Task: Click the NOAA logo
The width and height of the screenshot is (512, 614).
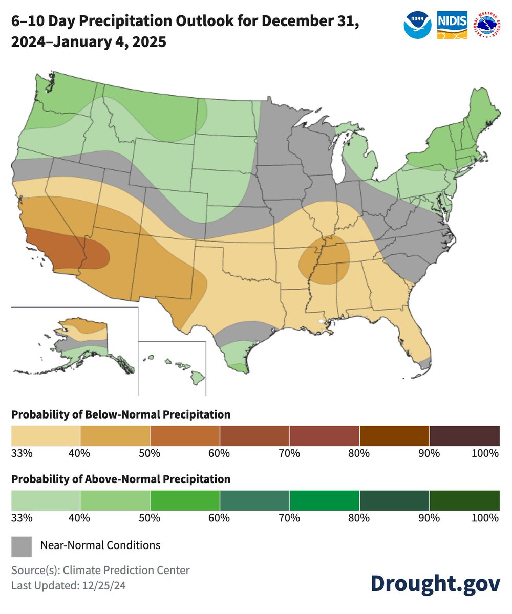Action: tap(417, 25)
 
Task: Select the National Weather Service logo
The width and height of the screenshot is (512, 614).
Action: tap(487, 25)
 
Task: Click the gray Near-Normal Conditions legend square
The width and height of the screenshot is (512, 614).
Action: tap(22, 546)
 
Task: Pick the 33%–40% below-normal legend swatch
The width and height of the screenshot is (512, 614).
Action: tap(46, 435)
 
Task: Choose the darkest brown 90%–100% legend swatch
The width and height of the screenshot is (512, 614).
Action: tap(464, 435)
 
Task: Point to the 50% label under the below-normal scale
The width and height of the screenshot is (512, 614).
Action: tap(150, 453)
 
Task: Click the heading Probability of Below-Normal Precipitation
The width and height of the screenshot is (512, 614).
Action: tap(121, 414)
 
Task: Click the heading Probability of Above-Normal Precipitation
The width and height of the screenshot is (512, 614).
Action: tap(121, 479)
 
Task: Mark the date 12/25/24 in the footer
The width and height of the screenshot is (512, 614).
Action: tap(104, 585)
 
